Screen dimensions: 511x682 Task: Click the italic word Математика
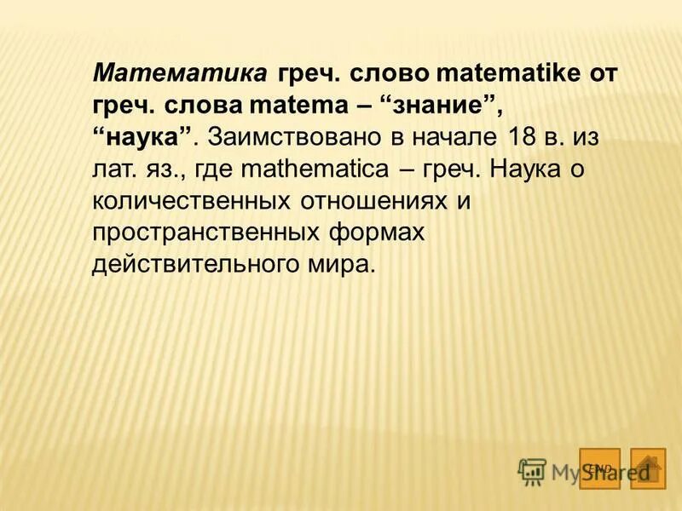pyautogui.click(x=180, y=73)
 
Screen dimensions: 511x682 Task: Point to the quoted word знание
pyautogui.click(x=443, y=106)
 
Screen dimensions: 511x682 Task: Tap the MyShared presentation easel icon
pyautogui.click(x=532, y=470)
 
